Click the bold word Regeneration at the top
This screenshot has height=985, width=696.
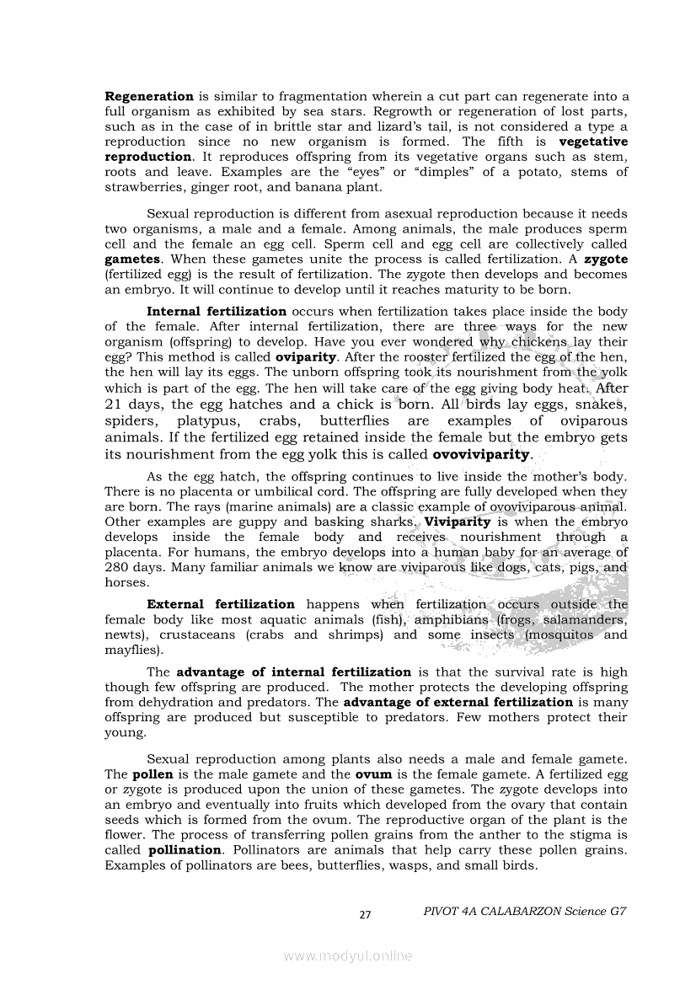(149, 96)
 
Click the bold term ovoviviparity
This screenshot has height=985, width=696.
(482, 454)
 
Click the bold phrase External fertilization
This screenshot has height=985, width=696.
(221, 604)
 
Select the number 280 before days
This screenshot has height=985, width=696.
(119, 567)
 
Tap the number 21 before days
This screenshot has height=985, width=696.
(116, 404)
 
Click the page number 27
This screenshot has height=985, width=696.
(365, 915)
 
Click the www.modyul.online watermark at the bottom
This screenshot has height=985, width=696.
(348, 956)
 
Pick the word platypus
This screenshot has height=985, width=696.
(207, 420)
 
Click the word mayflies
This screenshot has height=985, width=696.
(132, 650)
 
